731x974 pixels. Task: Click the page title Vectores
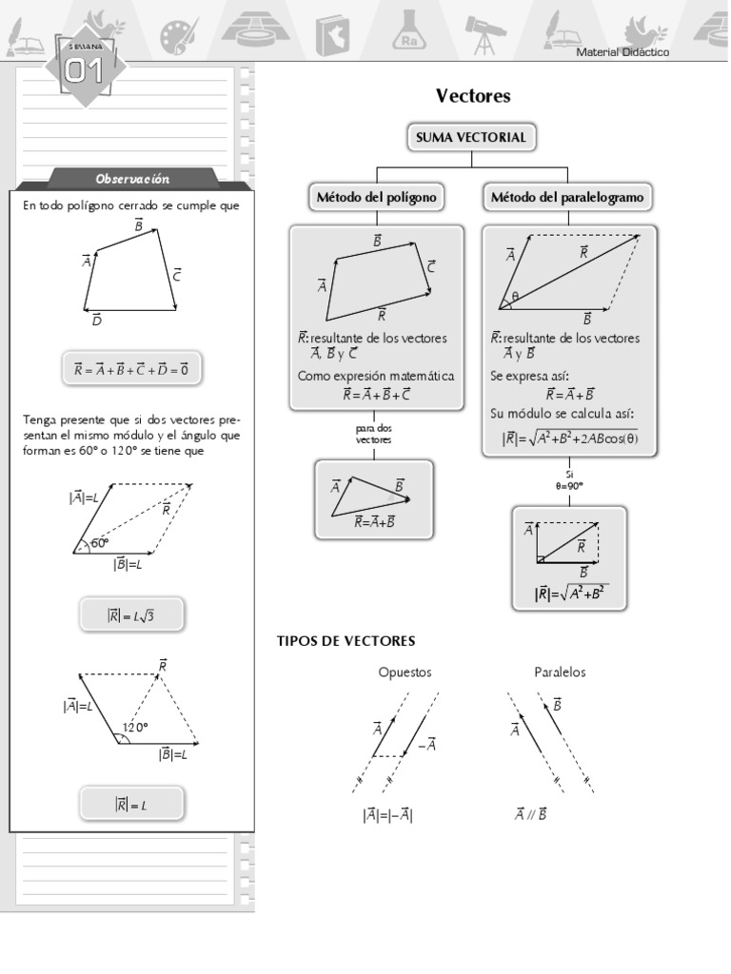(x=473, y=96)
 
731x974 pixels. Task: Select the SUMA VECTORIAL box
(x=470, y=138)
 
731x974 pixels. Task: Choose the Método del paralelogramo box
(x=567, y=198)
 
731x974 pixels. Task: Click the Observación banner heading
(x=132, y=179)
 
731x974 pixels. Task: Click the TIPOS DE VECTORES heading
(x=346, y=641)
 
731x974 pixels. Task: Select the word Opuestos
(x=405, y=672)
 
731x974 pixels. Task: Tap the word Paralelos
(x=560, y=672)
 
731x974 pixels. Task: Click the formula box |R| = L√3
(x=131, y=616)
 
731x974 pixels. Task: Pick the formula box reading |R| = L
(x=131, y=805)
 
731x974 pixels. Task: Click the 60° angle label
(x=101, y=544)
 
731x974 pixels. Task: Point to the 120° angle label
(x=135, y=728)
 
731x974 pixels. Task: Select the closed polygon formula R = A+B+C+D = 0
(x=131, y=369)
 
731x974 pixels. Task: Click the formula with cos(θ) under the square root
(x=569, y=438)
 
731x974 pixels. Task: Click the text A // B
(x=530, y=814)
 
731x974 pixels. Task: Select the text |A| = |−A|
(x=387, y=815)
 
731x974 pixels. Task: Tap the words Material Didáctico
(x=622, y=52)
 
